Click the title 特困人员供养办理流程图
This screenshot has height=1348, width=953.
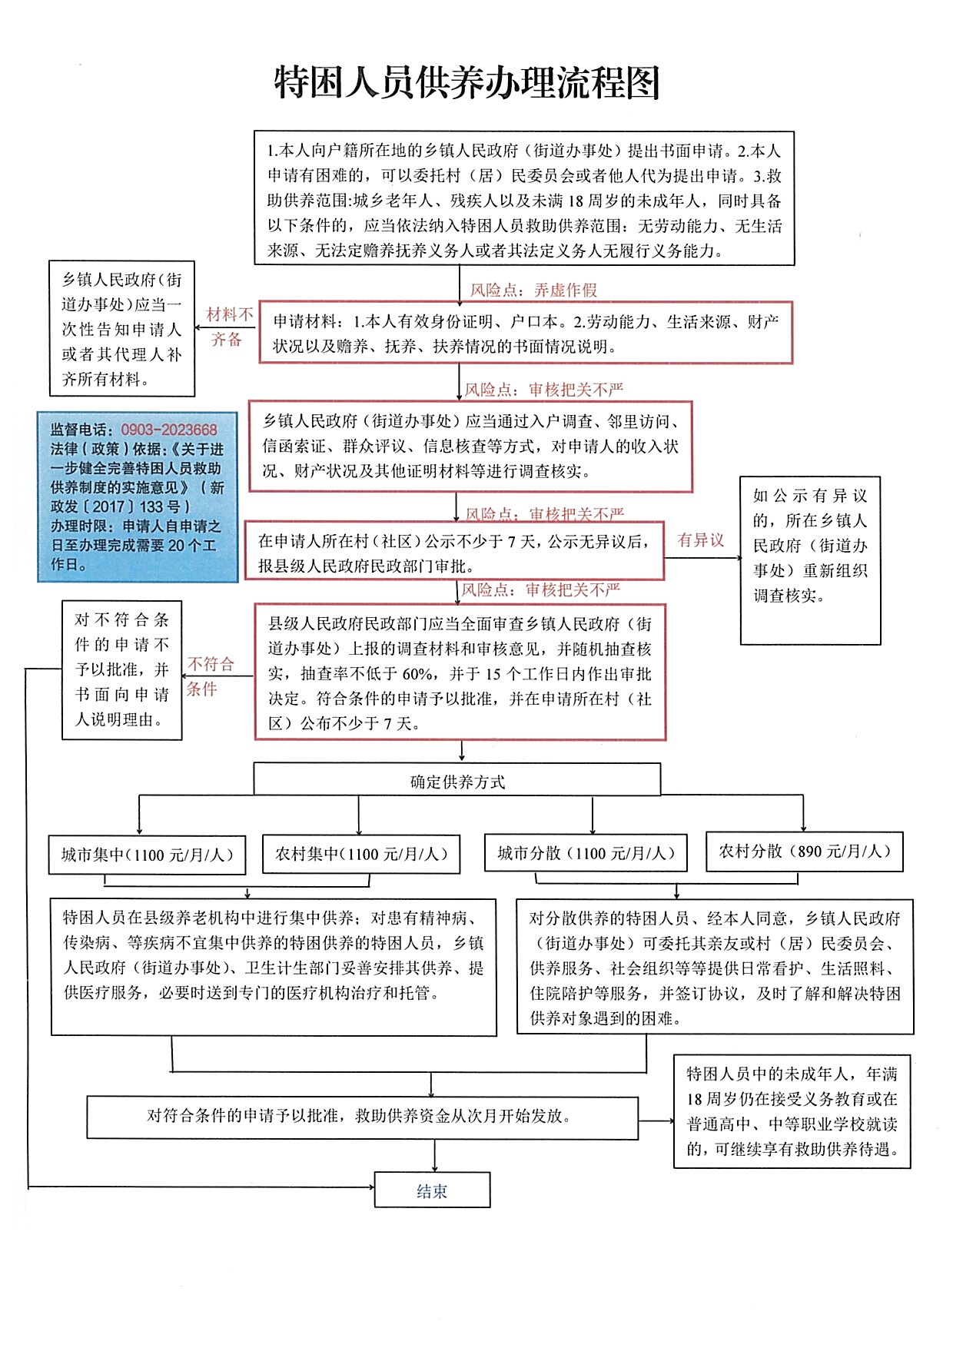point(467,83)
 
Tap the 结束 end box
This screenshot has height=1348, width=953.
point(432,1190)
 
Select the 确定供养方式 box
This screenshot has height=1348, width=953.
point(457,781)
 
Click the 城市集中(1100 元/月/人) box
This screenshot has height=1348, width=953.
point(147,855)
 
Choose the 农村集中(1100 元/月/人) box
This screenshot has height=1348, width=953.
point(361,854)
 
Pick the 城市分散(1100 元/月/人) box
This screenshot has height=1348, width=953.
point(586,853)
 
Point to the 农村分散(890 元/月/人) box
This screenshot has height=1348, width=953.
point(805,851)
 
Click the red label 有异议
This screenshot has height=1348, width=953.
point(700,540)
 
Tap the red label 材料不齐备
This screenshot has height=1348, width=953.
point(228,327)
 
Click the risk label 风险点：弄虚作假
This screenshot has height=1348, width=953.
point(533,290)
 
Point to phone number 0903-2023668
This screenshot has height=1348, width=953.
point(169,430)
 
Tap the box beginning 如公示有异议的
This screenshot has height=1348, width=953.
point(810,560)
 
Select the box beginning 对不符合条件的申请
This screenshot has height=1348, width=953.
point(121,669)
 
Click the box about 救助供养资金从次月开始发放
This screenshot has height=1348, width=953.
point(362,1116)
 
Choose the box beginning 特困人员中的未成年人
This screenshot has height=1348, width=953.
point(792,1111)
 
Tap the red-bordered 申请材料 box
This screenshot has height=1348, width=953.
point(525,333)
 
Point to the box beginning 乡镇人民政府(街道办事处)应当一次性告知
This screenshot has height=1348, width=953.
point(121,329)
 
